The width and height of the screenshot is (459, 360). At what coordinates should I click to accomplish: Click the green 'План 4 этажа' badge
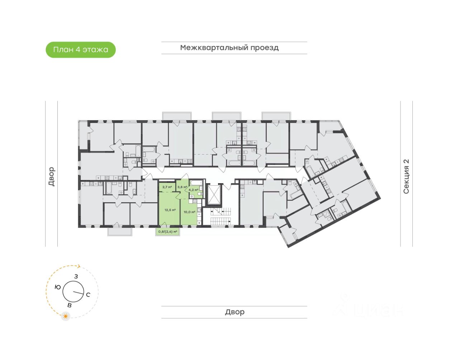81,50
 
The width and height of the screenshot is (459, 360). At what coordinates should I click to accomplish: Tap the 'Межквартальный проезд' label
229,48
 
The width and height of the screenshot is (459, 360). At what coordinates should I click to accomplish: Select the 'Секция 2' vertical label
406,176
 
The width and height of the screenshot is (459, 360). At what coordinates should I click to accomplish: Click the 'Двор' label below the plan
235,312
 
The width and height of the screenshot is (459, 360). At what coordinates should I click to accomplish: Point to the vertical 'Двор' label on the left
51,176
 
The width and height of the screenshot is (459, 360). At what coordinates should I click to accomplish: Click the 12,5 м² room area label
170,210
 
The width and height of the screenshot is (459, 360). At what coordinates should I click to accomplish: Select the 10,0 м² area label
189,212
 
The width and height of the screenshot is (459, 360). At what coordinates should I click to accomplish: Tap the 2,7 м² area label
167,187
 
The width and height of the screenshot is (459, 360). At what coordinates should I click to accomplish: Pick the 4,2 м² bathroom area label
193,190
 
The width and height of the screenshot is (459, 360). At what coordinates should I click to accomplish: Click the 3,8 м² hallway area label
182,187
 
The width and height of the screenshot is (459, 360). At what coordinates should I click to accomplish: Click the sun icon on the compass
66,316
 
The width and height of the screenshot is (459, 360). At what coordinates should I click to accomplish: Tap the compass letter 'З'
76,276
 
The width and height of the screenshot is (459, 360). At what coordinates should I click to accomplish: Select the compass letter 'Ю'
57,287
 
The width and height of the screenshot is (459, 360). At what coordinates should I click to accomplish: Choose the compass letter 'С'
88,295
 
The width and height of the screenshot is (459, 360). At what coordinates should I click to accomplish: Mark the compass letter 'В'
70,305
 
